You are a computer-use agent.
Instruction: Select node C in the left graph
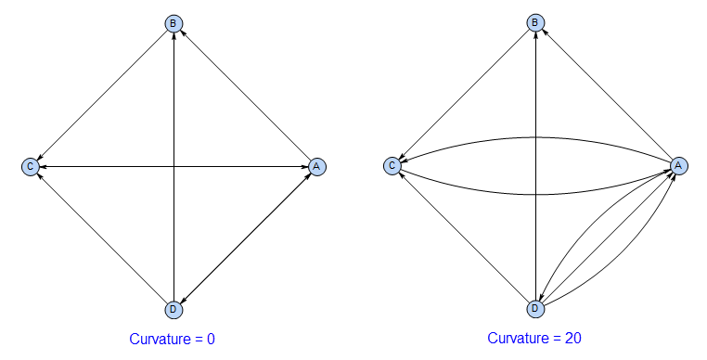[x=31, y=166]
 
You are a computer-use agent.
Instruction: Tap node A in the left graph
[x=316, y=166]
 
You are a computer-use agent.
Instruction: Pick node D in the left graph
[x=174, y=309]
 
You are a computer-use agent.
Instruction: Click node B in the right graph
[x=535, y=23]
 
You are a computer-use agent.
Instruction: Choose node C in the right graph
[x=392, y=165]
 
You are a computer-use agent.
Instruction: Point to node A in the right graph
[x=678, y=165]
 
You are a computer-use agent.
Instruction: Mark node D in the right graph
[x=535, y=308]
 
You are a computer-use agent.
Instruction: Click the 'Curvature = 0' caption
[x=173, y=340]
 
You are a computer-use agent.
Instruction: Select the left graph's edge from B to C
[x=102, y=95]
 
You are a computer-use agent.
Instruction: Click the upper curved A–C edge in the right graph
[x=535, y=137]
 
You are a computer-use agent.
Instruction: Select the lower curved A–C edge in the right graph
[x=535, y=194]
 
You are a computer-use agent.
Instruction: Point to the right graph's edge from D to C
[x=464, y=237]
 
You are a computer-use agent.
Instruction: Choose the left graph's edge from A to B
[x=245, y=95]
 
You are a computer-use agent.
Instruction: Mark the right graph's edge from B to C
[x=464, y=94]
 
